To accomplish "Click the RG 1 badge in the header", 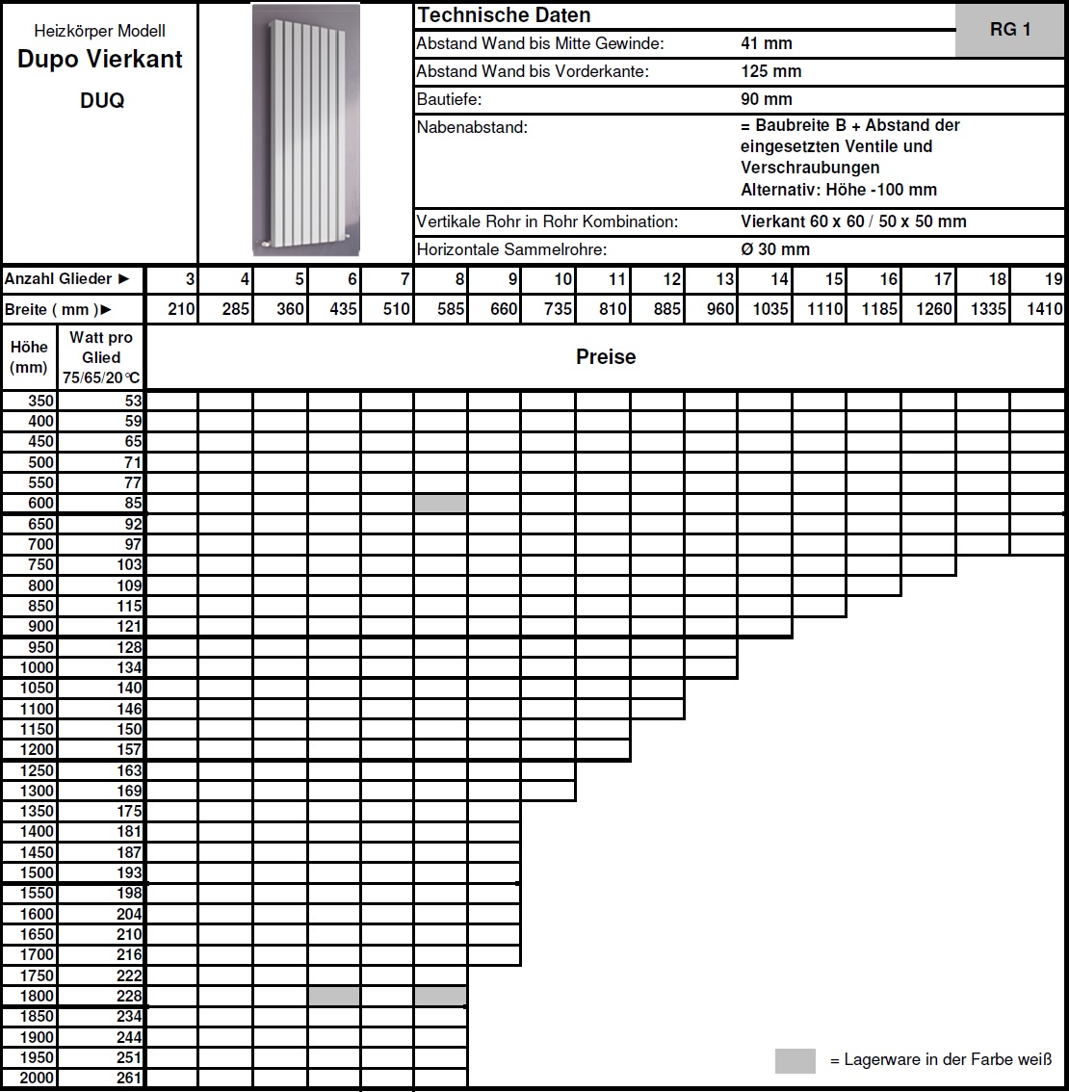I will (x=1010, y=30).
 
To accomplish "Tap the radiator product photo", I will (x=305, y=130).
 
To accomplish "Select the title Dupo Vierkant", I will (x=100, y=60).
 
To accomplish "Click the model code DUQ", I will (x=101, y=101).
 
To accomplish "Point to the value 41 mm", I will (x=767, y=43).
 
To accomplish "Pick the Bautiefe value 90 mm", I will (x=767, y=99).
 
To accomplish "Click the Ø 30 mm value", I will (x=775, y=249).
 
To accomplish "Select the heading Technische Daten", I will (x=504, y=15).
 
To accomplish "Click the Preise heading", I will (x=606, y=357).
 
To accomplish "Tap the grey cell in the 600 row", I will (x=440, y=504).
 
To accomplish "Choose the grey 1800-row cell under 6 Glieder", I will (x=334, y=996).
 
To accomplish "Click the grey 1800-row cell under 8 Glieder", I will (x=440, y=996).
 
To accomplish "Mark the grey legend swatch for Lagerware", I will (x=795, y=1060).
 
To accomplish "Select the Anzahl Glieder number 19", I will (x=1054, y=279).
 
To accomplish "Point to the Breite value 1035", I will (x=770, y=309).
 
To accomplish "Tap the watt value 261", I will (x=129, y=1078).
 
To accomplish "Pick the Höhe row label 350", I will (x=41, y=402).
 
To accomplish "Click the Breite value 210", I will (x=181, y=309).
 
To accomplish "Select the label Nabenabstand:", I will (x=472, y=127).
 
